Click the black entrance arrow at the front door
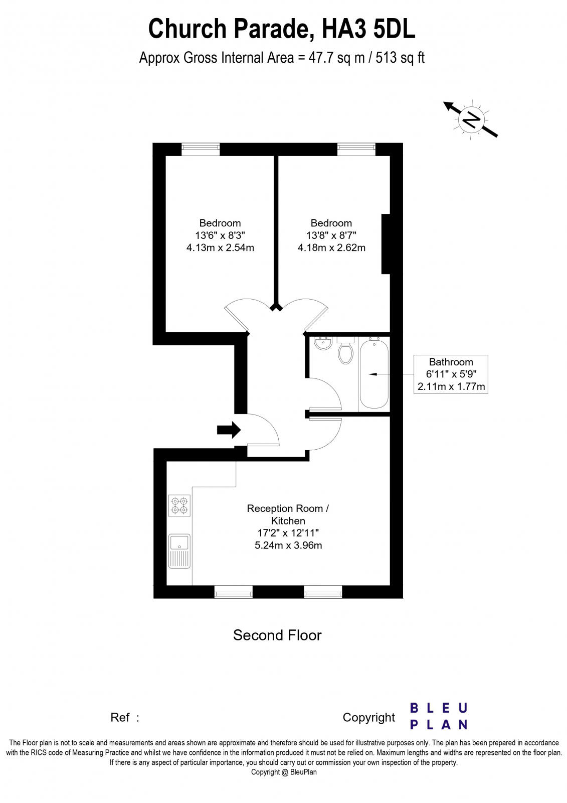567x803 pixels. point(229,430)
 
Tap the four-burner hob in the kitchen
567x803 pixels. point(179,505)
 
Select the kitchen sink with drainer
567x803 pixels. point(179,551)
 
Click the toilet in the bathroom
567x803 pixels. point(345,351)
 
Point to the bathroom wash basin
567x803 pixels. point(322,344)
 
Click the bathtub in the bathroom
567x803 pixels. point(374,373)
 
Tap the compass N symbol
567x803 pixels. point(471,119)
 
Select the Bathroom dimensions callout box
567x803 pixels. point(450,374)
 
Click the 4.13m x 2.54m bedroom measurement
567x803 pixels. point(220,247)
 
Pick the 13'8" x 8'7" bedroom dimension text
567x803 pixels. point(331,235)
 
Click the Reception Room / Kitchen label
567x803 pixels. point(288,514)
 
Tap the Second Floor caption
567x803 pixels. point(277,635)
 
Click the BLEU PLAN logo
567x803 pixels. point(439,716)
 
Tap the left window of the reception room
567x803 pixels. point(233,592)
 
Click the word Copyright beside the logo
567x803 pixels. point(368,718)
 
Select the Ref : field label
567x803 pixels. point(124,718)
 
